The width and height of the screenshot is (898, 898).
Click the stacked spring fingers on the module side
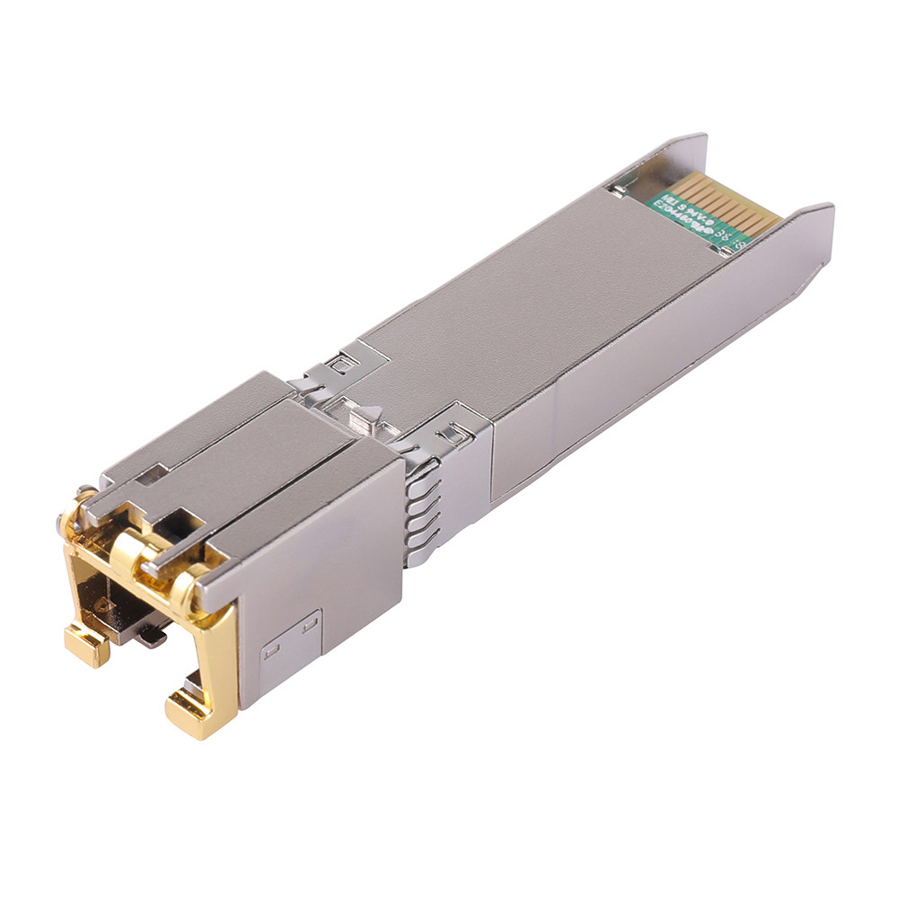[x=422, y=512]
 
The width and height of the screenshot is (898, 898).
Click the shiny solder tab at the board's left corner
[x=619, y=189]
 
